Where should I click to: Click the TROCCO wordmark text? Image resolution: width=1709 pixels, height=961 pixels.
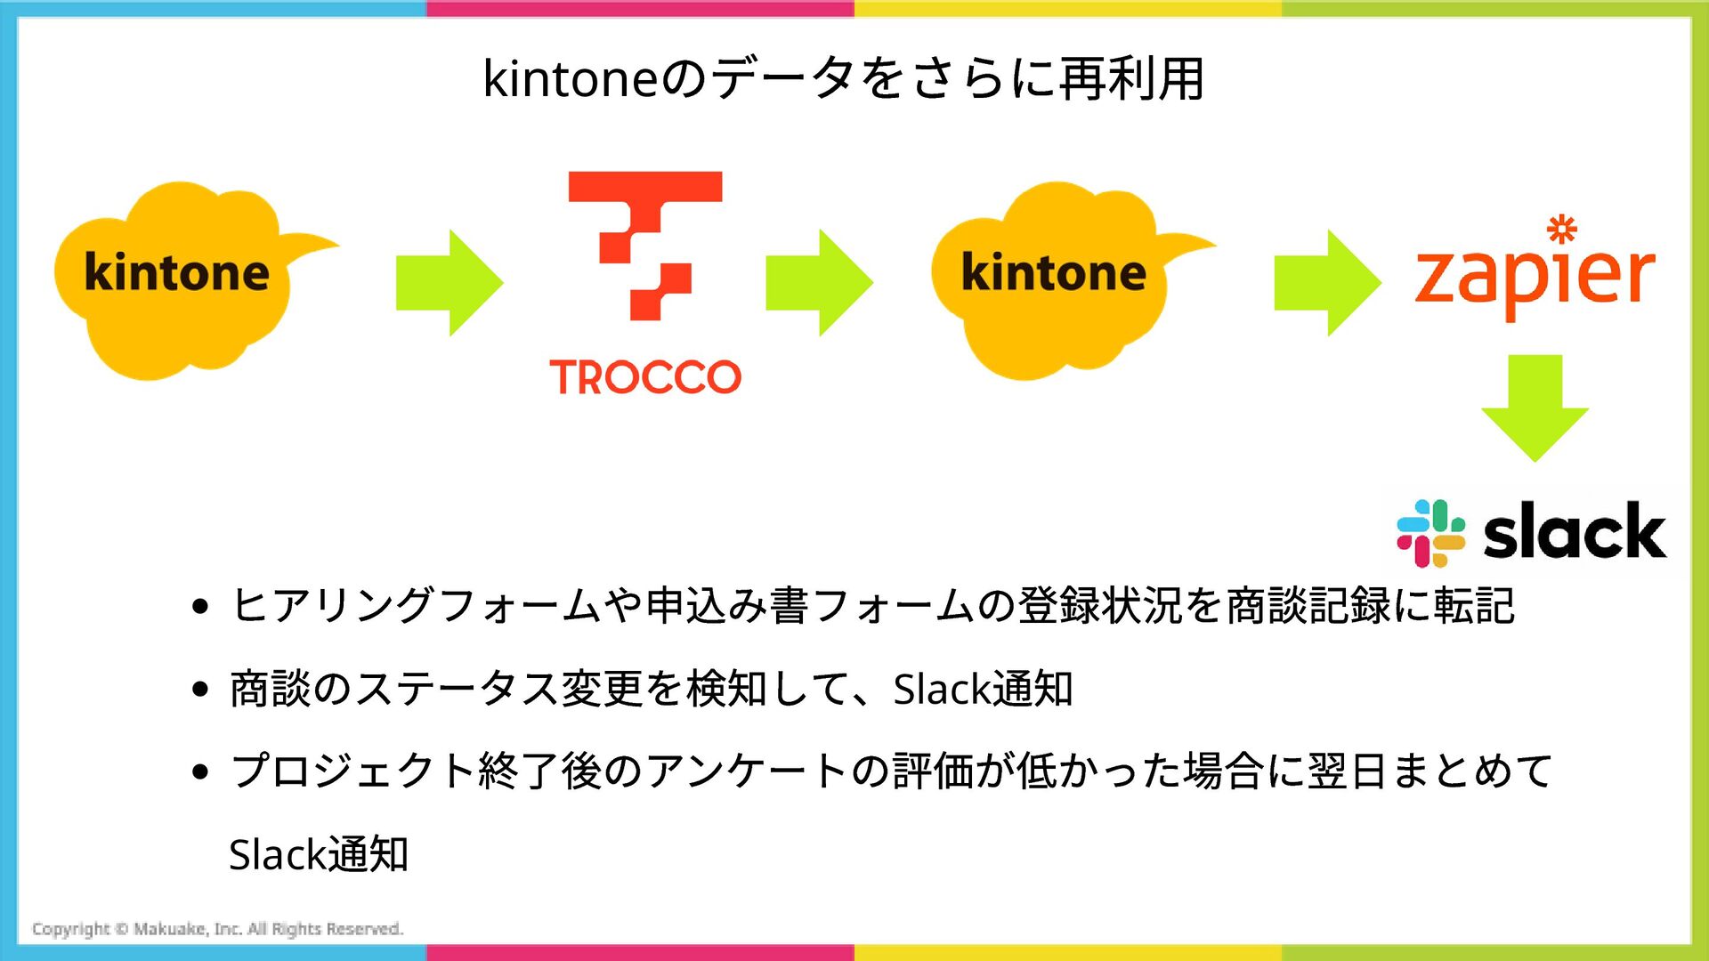click(x=645, y=377)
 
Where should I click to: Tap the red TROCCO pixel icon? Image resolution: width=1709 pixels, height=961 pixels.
click(x=645, y=246)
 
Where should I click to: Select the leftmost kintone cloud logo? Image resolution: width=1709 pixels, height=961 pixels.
click(x=178, y=276)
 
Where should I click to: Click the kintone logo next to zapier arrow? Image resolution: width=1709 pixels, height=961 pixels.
click(x=1055, y=276)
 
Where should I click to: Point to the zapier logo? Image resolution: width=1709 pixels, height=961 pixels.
click(x=1534, y=276)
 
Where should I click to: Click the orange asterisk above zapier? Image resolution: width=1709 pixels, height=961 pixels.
click(x=1561, y=230)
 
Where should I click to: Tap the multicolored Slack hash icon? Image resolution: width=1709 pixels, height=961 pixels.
click(x=1430, y=533)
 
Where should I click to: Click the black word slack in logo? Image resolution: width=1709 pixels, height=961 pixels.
click(x=1574, y=533)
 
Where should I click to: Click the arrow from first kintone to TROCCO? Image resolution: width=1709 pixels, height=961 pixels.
click(x=450, y=283)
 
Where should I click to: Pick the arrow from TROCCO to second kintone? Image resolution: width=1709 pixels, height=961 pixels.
click(x=819, y=283)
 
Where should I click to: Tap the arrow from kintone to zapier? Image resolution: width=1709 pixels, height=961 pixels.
click(x=1327, y=283)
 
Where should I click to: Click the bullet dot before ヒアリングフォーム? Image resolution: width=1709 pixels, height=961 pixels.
click(x=200, y=607)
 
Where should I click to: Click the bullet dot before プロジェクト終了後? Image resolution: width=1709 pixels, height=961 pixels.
click(x=200, y=771)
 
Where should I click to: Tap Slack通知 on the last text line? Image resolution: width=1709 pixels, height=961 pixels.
click(x=318, y=855)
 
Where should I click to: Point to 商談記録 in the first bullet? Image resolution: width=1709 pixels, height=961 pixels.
click(x=1308, y=606)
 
